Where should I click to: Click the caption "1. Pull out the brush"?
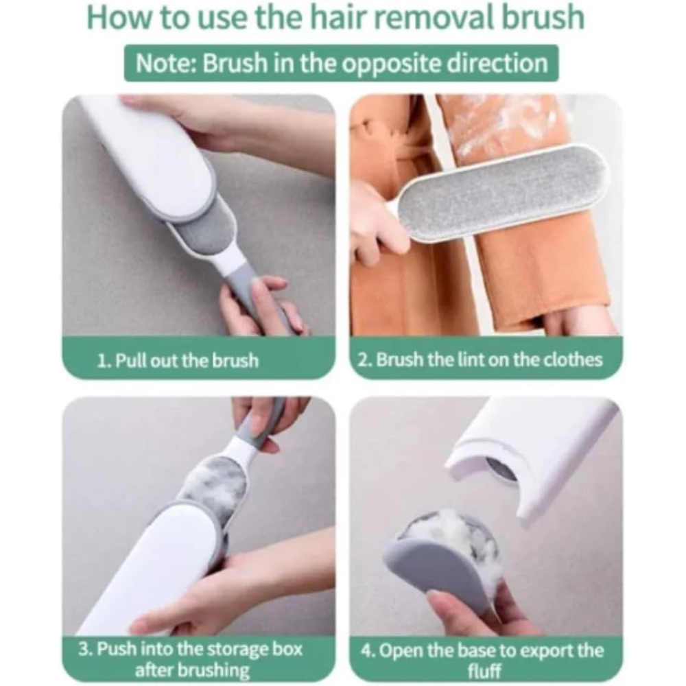click(178, 361)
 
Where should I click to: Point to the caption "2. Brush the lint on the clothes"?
click(480, 359)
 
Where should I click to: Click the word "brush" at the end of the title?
click(543, 18)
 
